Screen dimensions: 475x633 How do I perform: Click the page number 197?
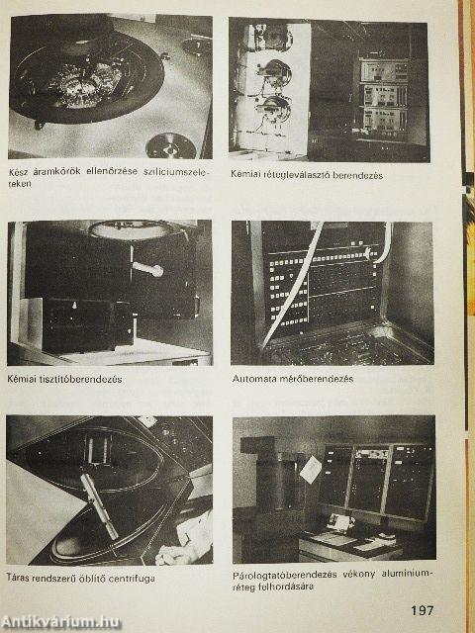[423, 609]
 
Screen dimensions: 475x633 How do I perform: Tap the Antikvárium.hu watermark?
[60, 622]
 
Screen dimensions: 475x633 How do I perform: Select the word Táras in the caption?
[18, 577]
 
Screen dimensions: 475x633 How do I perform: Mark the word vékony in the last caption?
[358, 574]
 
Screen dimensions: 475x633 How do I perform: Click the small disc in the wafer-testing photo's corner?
[171, 145]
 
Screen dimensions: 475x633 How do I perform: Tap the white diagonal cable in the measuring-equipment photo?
[293, 286]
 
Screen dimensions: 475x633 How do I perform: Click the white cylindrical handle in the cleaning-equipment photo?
[147, 269]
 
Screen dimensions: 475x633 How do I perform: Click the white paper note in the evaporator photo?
[311, 470]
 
